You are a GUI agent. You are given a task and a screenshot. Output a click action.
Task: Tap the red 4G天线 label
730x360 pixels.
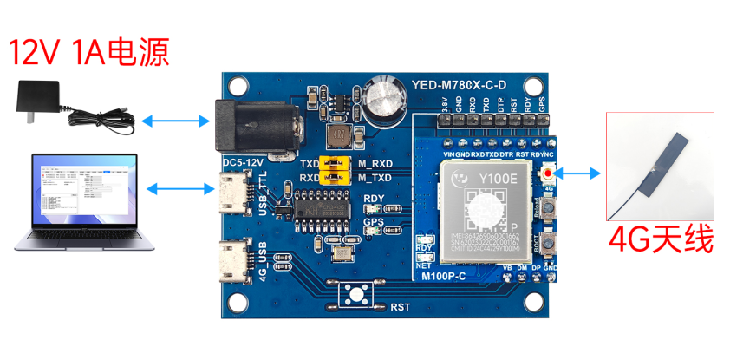pos(661,239)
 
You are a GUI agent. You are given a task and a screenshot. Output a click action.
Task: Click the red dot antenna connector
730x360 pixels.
pos(549,173)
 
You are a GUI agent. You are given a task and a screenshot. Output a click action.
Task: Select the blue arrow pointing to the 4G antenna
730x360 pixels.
pos(582,173)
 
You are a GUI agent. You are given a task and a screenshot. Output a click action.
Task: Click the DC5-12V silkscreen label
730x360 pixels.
pos(242,162)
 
